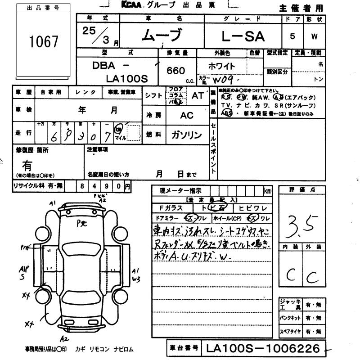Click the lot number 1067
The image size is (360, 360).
44,42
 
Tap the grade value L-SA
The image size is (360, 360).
243,36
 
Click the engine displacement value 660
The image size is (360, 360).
175,71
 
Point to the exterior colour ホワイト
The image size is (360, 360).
221,66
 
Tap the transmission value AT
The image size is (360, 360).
198,95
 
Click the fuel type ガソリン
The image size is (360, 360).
187,135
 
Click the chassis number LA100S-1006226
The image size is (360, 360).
263,348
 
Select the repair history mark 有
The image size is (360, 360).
27,165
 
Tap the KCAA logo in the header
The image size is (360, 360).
133,5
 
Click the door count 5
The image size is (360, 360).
292,36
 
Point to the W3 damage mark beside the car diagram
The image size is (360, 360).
136,279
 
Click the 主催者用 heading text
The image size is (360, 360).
301,8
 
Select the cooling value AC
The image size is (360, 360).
187,115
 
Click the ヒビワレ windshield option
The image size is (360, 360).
253,208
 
